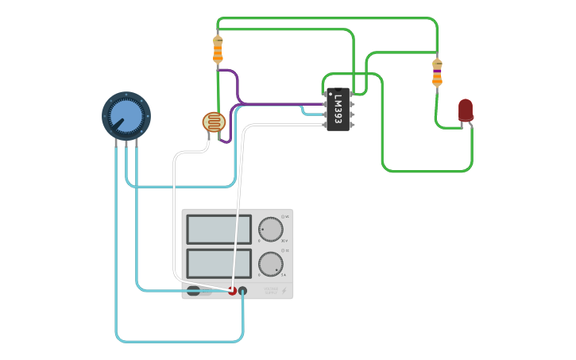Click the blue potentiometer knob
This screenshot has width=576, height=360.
tap(126, 116)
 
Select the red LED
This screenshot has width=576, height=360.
tap(466, 110)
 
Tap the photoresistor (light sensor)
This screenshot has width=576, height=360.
tap(214, 122)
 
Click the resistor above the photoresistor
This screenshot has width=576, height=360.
tap(218, 49)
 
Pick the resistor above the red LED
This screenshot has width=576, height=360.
tap(437, 72)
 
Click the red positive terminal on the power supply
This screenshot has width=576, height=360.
tap(232, 291)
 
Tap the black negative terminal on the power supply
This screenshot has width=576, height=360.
tap(243, 291)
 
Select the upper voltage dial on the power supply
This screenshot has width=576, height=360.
tap(270, 229)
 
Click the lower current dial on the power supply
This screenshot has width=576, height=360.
tap(270, 264)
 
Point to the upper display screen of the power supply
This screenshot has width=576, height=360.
tap(218, 229)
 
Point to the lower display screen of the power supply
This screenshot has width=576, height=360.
tap(218, 264)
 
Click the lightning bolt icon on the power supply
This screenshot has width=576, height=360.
tap(284, 291)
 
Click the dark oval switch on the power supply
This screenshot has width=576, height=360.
tap(193, 291)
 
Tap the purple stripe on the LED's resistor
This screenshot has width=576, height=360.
tap(437, 72)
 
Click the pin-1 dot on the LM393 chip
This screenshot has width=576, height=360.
tap(330, 95)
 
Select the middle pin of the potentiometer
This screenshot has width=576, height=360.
tap(126, 142)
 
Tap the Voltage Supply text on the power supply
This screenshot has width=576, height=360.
tap(270, 291)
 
